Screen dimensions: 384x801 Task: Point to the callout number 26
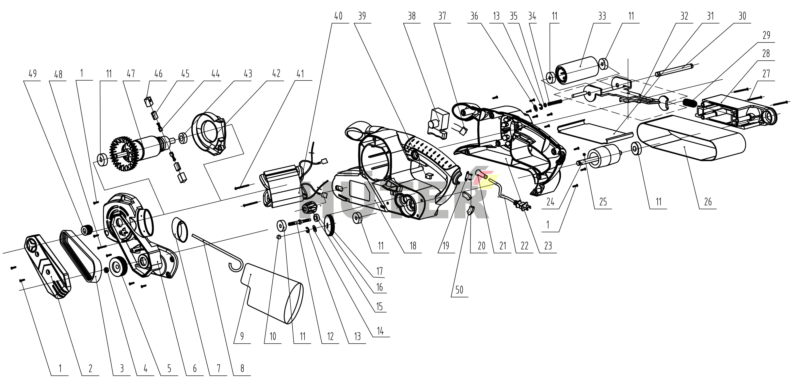tap(708, 202)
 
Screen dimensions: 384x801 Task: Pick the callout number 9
tap(242, 336)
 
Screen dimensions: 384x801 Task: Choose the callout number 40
tap(338, 16)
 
